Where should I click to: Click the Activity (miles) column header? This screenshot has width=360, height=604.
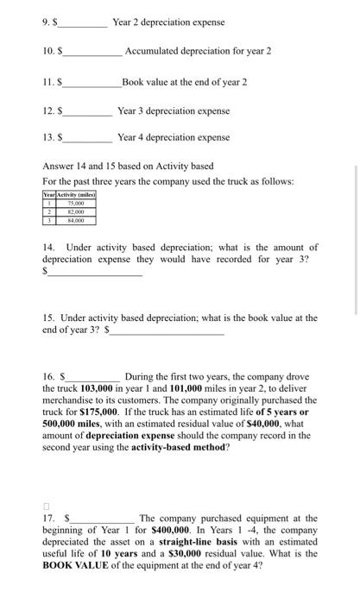(76, 198)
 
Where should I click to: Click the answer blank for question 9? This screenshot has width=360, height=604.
(82, 23)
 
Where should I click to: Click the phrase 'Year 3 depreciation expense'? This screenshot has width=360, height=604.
(173, 111)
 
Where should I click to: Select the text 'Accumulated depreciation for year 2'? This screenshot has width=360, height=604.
(199, 51)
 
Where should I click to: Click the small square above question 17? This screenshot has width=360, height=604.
(48, 506)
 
